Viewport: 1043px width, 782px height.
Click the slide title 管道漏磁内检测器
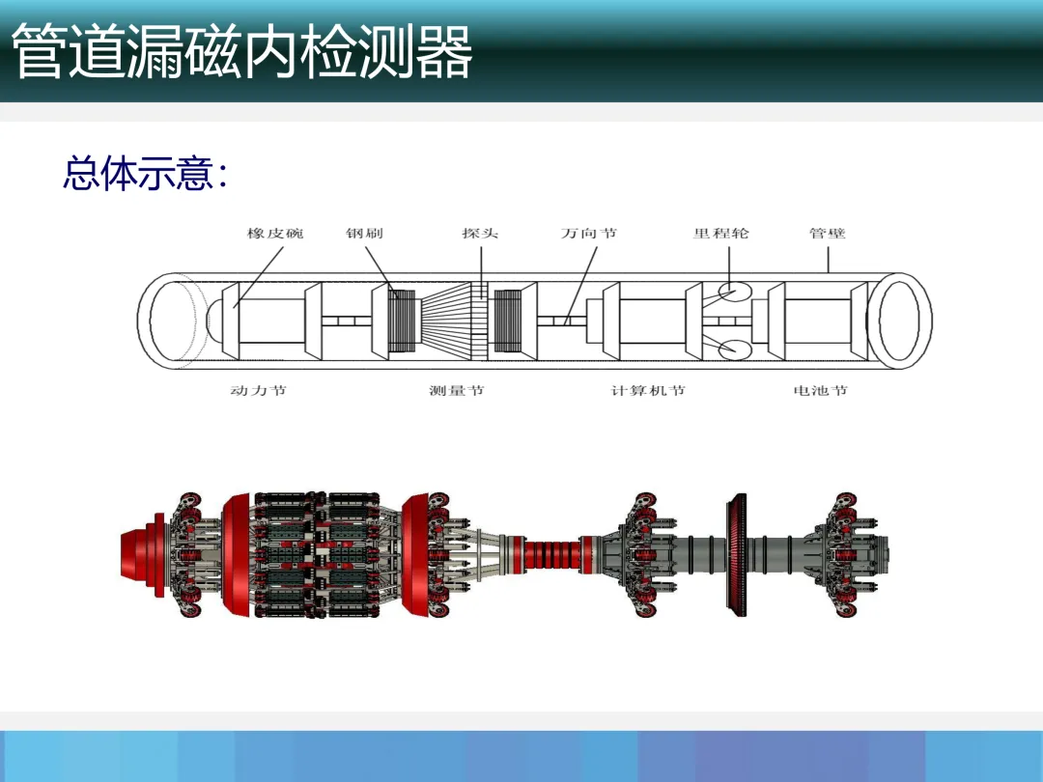(241, 52)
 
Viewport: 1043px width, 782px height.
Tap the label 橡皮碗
(275, 234)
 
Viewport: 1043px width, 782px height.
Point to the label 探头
(480, 234)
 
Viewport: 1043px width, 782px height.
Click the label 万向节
(589, 234)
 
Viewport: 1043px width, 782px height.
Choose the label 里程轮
(720, 234)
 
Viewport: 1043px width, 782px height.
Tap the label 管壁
(827, 234)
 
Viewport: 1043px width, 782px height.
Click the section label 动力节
(258, 391)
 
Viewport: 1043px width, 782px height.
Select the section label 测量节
(457, 391)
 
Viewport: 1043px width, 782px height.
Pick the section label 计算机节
(648, 391)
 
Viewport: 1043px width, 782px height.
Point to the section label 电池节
(820, 391)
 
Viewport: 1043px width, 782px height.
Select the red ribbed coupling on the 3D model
(550, 556)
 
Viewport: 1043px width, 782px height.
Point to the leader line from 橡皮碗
(258, 274)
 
